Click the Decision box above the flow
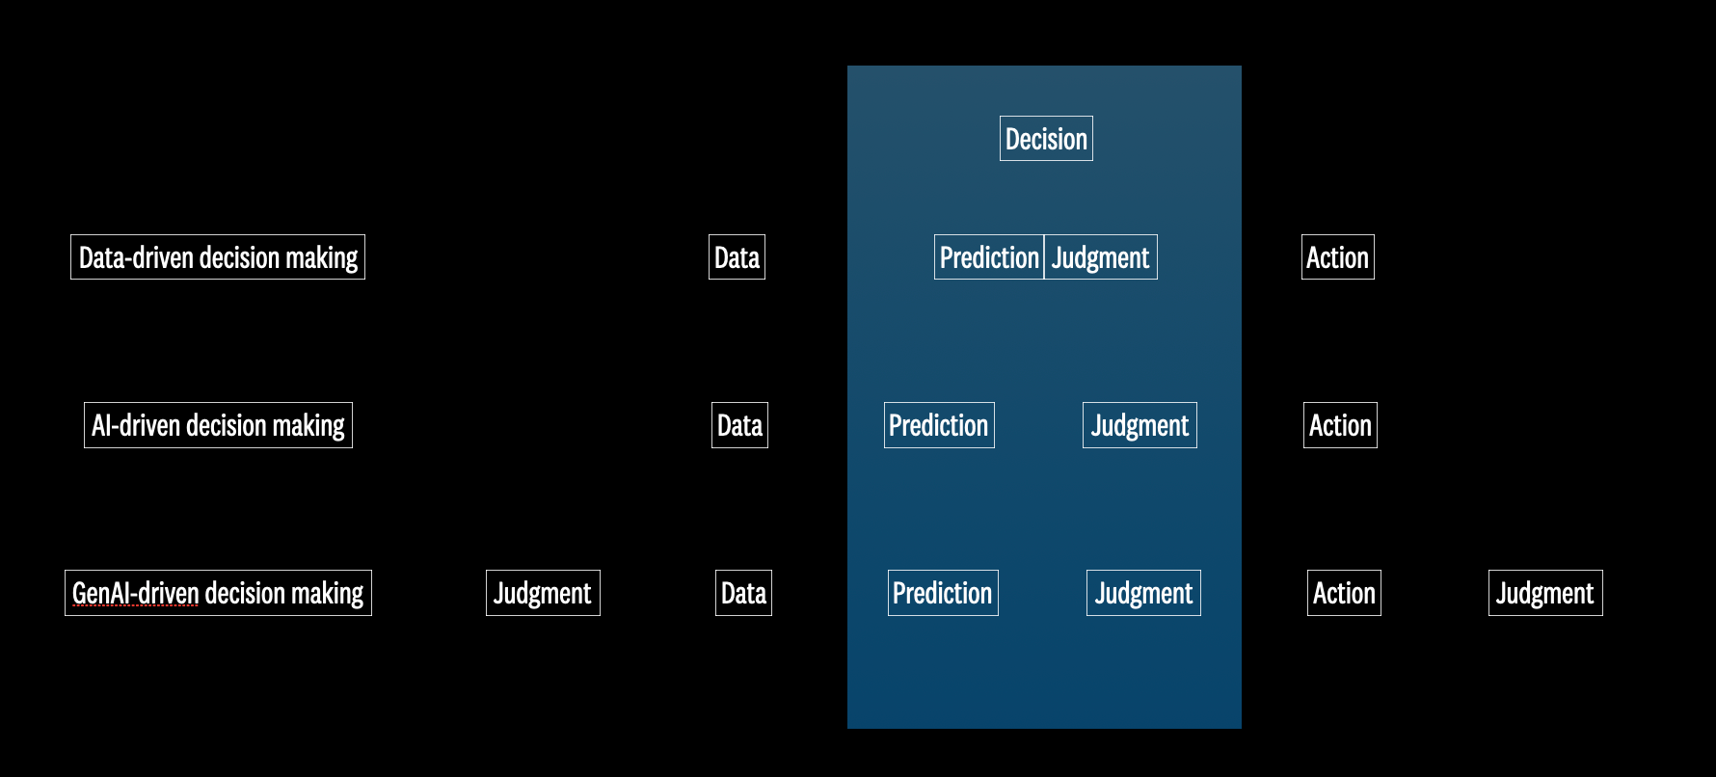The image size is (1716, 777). coord(1046,139)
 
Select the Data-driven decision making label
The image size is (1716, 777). coord(218,257)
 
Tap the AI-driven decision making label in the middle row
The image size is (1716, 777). coord(218,425)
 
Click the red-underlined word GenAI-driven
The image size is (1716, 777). coord(136,593)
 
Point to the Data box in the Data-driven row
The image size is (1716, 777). coord(737,257)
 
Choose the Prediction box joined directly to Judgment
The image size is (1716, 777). coord(989,257)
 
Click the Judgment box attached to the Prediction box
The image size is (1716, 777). coord(1101,257)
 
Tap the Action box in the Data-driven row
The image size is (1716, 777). coord(1338,257)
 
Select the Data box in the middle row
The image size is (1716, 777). coord(739,425)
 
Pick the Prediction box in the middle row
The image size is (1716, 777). coord(939,425)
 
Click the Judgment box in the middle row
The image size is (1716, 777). coord(1140,425)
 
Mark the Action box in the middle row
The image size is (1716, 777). coord(1340,425)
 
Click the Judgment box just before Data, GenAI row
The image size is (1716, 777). coord(543,593)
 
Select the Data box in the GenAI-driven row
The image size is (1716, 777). coord(743,593)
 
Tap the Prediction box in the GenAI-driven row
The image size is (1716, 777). coord(943,593)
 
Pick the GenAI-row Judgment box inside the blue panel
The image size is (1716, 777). coord(1143,593)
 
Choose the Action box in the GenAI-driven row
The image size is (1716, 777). coord(1344,593)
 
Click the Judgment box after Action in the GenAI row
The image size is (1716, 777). coord(1545,593)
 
